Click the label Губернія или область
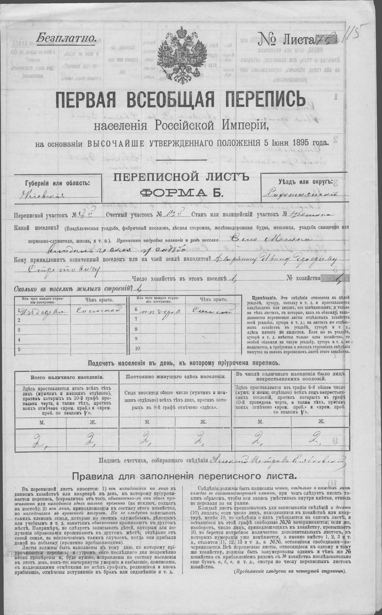coord(57,183)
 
